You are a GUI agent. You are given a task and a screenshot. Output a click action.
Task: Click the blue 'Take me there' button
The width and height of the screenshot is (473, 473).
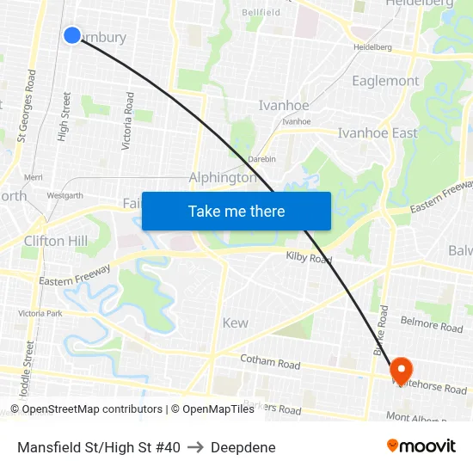coord(236,211)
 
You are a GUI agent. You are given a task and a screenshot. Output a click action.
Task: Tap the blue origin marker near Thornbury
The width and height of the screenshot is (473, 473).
coord(72,35)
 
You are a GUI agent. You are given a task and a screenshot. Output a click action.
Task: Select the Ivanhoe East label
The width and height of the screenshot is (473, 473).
coord(378,133)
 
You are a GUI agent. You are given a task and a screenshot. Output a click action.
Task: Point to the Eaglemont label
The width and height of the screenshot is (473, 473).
coord(385,81)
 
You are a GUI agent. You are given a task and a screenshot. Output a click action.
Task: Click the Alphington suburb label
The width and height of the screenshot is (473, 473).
coord(223,178)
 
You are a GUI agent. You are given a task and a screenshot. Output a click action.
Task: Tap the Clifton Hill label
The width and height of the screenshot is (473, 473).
coord(56,241)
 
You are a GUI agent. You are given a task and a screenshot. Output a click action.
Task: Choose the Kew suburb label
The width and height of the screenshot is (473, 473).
coord(235,323)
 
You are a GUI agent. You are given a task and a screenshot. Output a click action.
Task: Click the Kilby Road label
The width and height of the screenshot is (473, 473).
coord(309,257)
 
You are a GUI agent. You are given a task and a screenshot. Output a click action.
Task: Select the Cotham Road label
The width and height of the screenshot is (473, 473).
coord(270,364)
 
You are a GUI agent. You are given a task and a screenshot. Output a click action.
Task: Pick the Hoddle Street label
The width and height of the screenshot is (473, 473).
coord(29,362)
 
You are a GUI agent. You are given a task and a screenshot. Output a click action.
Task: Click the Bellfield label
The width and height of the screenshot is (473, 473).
coord(261,13)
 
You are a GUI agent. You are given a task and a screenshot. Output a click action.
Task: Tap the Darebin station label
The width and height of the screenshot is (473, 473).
coord(261,159)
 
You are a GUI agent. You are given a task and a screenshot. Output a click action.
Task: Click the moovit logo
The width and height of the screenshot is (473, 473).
coord(421,446)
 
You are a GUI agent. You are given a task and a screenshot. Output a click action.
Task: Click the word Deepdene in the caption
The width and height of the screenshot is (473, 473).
coord(243,447)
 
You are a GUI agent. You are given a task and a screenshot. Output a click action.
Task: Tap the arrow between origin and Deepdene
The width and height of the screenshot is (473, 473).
coord(195,447)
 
